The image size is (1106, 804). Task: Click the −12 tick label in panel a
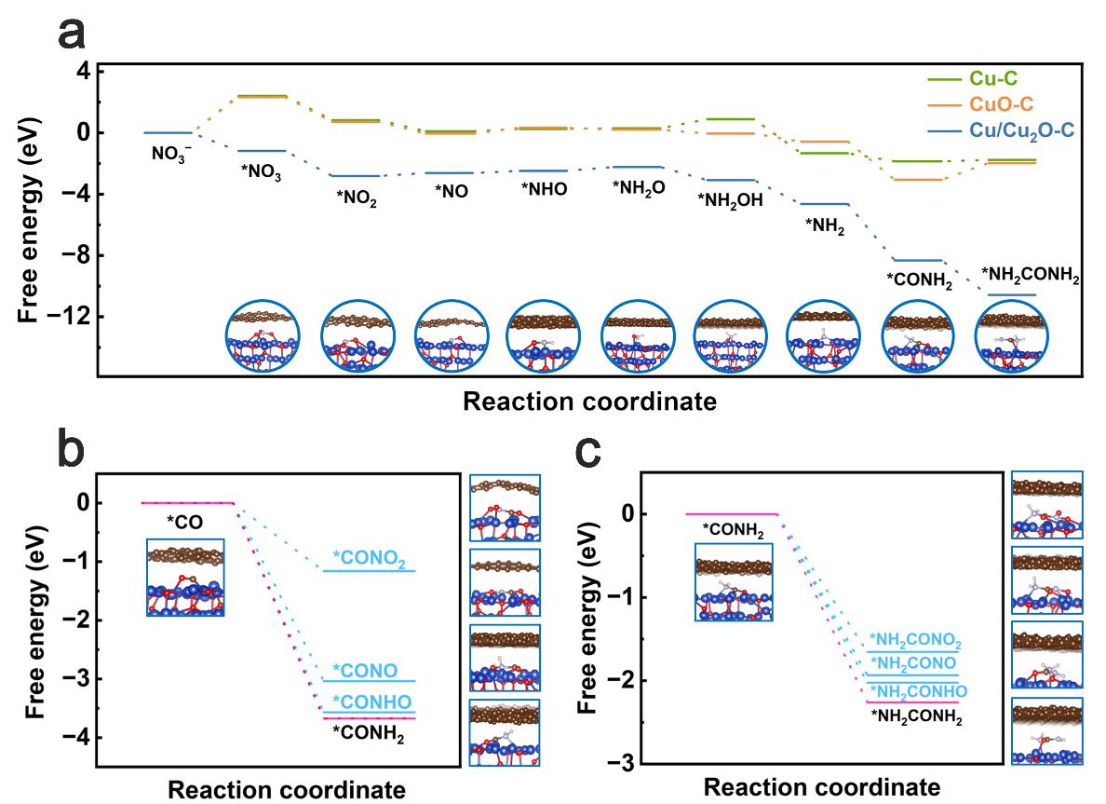(x=63, y=317)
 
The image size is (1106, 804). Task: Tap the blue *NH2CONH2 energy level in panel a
(x=1010, y=295)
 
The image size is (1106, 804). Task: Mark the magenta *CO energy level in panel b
(x=186, y=503)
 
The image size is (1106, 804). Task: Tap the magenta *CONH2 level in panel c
(x=731, y=513)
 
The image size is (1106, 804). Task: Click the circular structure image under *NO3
(x=263, y=336)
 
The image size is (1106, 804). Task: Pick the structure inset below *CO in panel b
(x=184, y=578)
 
